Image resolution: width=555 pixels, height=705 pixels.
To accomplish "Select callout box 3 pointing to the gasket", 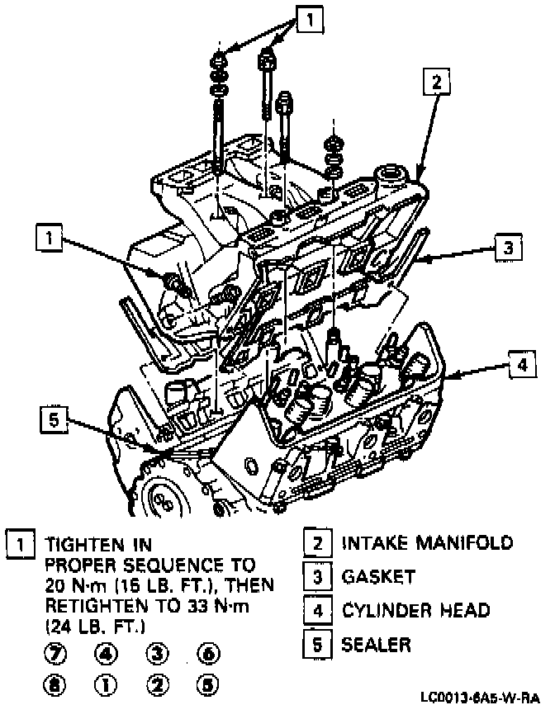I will point(510,246).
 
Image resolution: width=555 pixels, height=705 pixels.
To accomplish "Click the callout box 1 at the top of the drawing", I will point(307,18).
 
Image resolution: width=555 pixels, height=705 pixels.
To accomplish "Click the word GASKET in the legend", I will point(379,576).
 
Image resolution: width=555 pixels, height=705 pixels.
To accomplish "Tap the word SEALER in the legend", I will point(377,643).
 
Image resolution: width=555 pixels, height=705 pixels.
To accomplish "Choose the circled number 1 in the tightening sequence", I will point(107,684).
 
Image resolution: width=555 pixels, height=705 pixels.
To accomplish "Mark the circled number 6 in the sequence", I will point(209,654).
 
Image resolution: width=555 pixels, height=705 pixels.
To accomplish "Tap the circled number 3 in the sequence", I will point(158,654).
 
